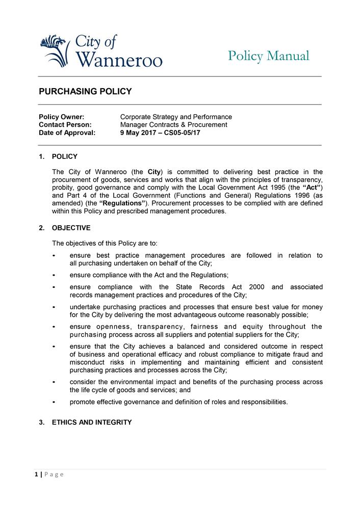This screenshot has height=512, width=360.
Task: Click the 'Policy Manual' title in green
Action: click(268, 56)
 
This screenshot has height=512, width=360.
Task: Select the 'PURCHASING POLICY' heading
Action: click(85, 92)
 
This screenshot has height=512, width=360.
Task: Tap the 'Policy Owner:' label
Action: click(61, 117)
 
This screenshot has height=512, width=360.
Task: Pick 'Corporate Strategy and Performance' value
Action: click(176, 117)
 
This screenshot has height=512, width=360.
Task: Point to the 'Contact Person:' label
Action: click(65, 124)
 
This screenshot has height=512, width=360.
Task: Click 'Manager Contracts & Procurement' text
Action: click(173, 124)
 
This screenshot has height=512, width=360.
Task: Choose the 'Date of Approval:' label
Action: click(67, 132)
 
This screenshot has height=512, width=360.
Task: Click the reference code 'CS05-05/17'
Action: click(182, 132)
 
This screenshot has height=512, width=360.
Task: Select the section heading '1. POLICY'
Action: click(58, 156)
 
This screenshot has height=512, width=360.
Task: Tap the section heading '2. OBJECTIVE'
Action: click(65, 228)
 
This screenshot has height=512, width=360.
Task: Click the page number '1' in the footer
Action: click(37, 475)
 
